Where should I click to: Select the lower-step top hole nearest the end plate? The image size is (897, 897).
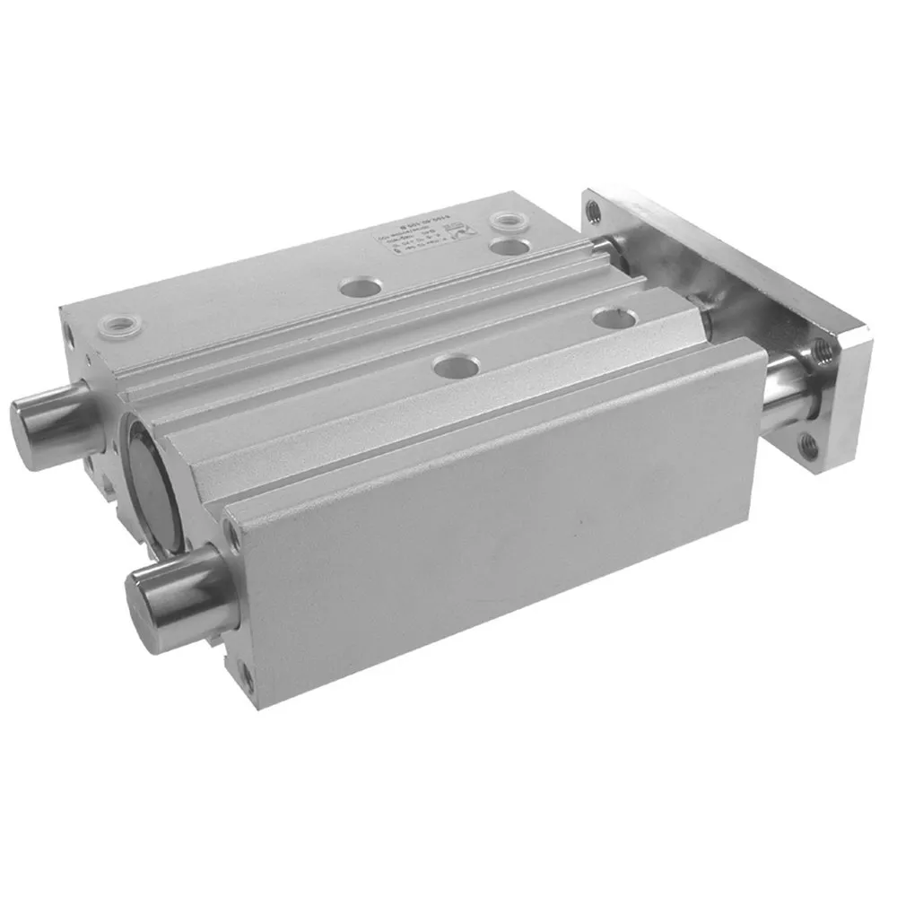pyautogui.click(x=613, y=316)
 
